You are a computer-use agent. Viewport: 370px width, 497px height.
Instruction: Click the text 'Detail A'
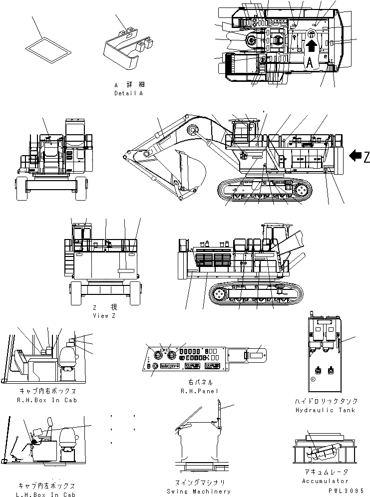pos(128,93)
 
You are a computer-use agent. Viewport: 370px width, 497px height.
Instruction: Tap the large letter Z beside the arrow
pos(366,157)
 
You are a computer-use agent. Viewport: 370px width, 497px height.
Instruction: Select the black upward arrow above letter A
pos(311,47)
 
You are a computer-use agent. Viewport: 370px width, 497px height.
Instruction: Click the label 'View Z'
pos(104,316)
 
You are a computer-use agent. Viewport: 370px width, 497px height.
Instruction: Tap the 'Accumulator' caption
pos(325,481)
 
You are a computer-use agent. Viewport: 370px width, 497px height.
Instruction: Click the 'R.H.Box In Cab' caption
pos(47,400)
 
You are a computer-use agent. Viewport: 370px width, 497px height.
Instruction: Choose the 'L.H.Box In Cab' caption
pos(47,494)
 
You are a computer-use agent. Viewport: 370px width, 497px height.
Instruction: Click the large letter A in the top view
pos(310,62)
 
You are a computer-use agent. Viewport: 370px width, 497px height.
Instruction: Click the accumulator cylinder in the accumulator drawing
pos(320,452)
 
